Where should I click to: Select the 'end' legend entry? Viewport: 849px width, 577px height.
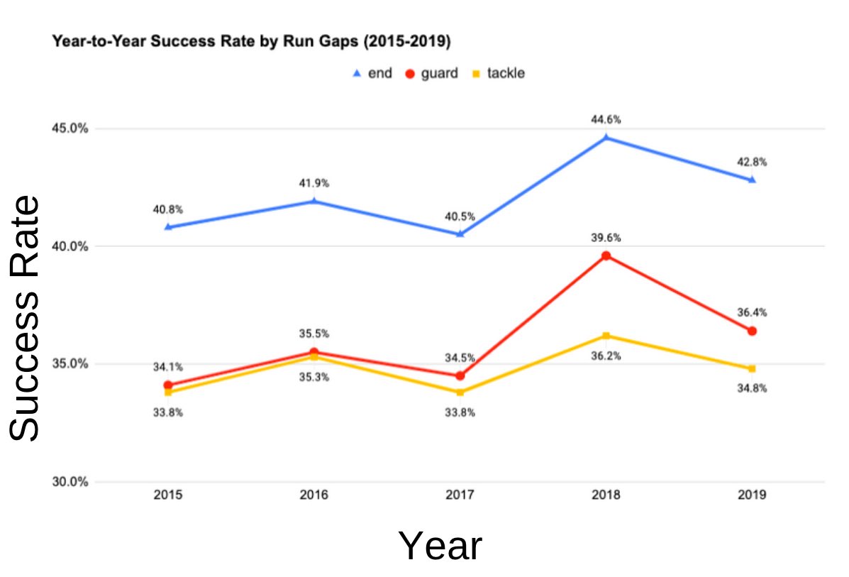(x=372, y=73)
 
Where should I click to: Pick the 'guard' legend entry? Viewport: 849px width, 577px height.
(x=431, y=73)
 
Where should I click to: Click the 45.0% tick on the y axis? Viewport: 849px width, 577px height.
(x=70, y=128)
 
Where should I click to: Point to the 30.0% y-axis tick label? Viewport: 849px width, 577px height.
(x=70, y=482)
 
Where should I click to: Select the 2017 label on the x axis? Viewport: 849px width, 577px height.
(x=460, y=495)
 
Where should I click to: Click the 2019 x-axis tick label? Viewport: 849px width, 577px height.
(x=752, y=495)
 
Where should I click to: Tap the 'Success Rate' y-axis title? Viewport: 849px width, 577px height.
(x=26, y=318)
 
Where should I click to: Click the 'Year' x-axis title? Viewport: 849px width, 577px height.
(x=440, y=546)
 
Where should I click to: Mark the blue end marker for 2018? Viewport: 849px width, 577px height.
(x=606, y=138)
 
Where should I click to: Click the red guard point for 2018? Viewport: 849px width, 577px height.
(x=606, y=255)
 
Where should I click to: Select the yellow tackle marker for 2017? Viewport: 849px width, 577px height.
(x=460, y=392)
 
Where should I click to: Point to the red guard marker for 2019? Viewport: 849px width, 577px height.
(x=752, y=331)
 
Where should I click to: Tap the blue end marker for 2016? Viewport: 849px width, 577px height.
(x=313, y=201)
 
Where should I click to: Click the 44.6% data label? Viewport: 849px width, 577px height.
(x=606, y=119)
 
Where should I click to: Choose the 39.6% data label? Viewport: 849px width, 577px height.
(x=606, y=238)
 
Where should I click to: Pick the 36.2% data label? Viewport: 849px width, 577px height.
(x=606, y=356)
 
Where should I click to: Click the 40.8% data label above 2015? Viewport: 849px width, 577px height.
(x=167, y=209)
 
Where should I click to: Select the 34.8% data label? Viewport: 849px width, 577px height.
(x=752, y=388)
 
